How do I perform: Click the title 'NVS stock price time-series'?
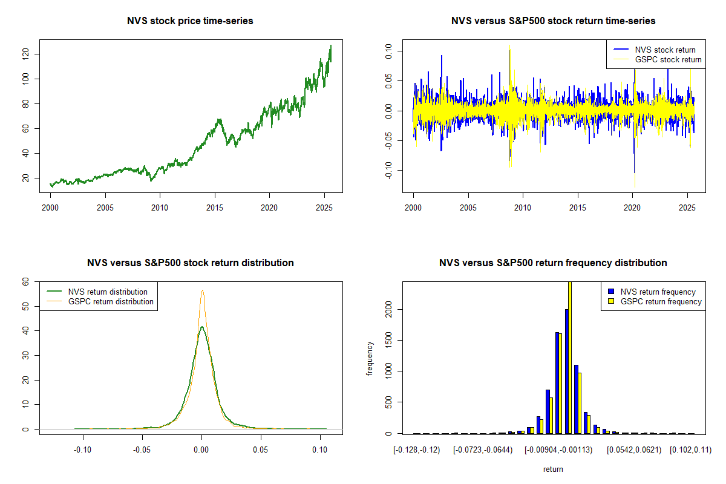point(190,21)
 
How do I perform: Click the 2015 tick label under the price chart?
point(215,208)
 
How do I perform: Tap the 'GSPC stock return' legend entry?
point(668,59)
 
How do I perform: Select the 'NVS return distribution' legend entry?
point(108,292)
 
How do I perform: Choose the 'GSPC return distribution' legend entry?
point(111,301)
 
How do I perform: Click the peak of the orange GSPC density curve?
point(202,290)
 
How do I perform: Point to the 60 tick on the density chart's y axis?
point(25,281)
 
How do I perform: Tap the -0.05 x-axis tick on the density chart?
point(142,450)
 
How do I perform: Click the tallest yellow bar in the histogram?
point(569,357)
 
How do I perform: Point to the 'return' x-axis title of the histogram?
point(553,469)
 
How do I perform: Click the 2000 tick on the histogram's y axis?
point(388,310)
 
